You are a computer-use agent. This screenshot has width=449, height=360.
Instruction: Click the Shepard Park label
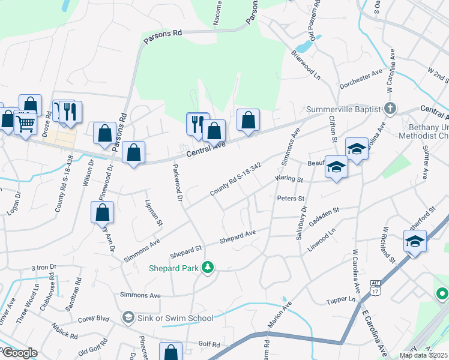click(x=175, y=268)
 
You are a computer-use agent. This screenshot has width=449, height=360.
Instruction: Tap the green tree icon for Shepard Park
click(x=208, y=267)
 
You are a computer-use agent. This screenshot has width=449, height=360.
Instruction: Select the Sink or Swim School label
click(x=175, y=318)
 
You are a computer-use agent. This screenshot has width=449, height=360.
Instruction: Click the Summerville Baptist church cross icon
click(x=390, y=109)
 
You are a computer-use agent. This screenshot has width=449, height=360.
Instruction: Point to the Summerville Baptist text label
click(x=343, y=109)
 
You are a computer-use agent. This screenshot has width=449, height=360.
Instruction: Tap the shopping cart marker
click(x=25, y=124)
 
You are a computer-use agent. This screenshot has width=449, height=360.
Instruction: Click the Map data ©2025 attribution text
click(x=423, y=355)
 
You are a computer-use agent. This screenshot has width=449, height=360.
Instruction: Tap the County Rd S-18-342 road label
click(x=235, y=179)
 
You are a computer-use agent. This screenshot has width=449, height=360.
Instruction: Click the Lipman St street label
click(x=152, y=213)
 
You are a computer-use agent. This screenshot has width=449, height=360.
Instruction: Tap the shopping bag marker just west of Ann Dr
click(x=103, y=212)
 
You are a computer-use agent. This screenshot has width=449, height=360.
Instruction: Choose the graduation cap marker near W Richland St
click(x=415, y=241)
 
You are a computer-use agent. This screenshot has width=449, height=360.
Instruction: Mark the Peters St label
click(x=292, y=198)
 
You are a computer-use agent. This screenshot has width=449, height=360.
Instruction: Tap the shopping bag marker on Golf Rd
click(x=171, y=352)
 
